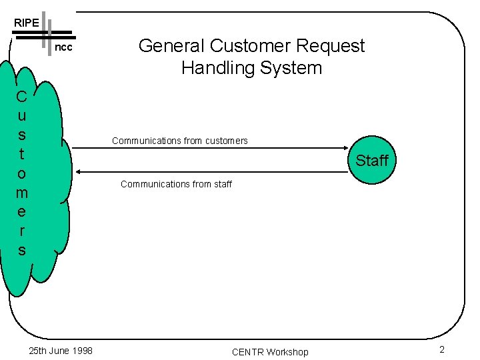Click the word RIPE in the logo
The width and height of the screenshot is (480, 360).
tap(27, 23)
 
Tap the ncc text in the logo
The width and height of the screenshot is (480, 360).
tap(63, 48)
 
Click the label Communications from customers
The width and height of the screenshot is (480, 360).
tap(180, 141)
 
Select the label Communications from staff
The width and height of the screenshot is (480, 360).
tap(176, 184)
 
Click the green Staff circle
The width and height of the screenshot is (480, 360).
tap(371, 161)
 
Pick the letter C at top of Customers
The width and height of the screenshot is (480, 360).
tap(21, 97)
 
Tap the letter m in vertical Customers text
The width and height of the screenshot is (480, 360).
tap(21, 193)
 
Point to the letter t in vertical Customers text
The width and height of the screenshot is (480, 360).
tap(21, 154)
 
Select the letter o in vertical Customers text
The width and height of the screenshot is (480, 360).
tap(21, 173)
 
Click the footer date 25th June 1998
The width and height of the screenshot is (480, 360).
tap(61, 351)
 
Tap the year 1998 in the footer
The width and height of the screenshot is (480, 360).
tap(81, 351)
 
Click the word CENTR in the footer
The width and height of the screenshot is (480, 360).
tap(247, 352)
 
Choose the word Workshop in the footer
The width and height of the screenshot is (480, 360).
tap(287, 352)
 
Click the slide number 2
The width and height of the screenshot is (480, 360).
tap(441, 350)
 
